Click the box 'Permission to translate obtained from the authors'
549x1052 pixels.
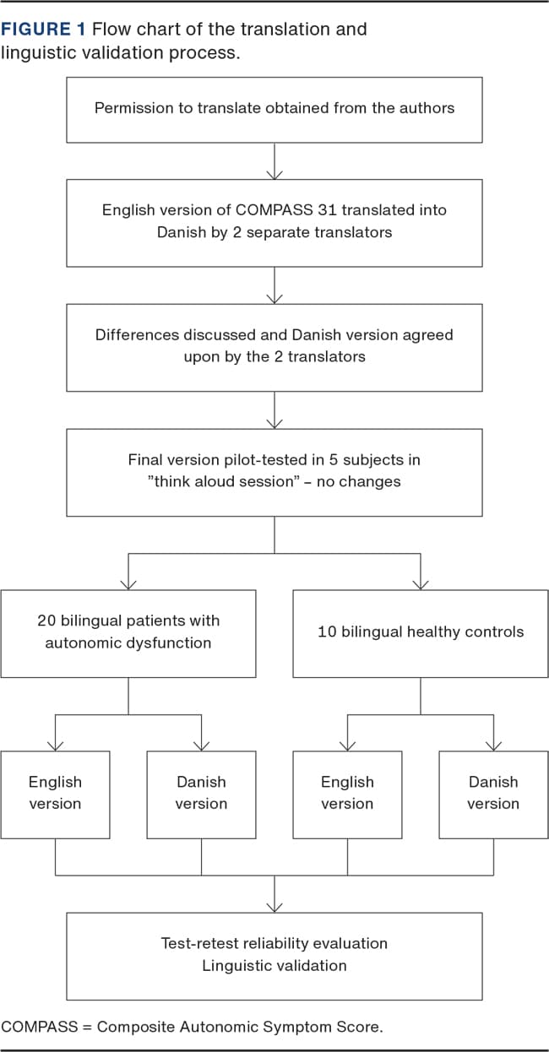(274, 110)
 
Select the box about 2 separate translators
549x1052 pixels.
(274, 222)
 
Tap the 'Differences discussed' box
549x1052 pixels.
(274, 347)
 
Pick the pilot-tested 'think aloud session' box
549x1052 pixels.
(274, 472)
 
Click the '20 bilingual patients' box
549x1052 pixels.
(128, 633)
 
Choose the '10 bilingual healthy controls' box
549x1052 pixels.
(421, 633)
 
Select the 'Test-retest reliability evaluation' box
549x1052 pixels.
(274, 956)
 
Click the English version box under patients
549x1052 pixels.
(56, 794)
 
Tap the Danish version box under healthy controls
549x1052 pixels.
(493, 794)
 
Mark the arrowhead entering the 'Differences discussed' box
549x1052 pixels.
(274, 299)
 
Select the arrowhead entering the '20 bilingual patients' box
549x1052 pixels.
(128, 584)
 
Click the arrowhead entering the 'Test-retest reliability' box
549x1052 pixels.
(274, 907)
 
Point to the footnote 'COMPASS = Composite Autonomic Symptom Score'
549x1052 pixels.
(193, 1027)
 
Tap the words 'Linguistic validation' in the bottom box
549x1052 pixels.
(274, 966)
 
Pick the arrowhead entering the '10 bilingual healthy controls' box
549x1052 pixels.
(421, 584)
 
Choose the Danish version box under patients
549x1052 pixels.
(201, 794)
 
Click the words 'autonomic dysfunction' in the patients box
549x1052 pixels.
(128, 643)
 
